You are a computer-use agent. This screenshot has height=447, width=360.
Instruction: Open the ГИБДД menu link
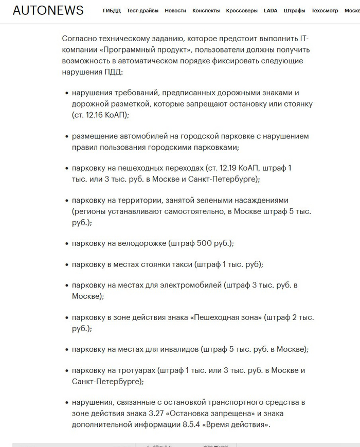(x=112, y=11)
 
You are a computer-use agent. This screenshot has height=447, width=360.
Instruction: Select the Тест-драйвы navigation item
(x=142, y=11)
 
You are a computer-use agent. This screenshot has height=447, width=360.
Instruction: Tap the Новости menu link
(x=175, y=11)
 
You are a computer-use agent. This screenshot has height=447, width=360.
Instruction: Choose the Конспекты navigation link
(x=206, y=11)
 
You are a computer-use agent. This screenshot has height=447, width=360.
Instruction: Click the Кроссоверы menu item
(x=242, y=11)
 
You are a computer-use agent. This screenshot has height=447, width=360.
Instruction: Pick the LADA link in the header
(x=271, y=11)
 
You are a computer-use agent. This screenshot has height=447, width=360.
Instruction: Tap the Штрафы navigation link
(x=294, y=11)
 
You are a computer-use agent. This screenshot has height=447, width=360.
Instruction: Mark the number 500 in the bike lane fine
(x=205, y=243)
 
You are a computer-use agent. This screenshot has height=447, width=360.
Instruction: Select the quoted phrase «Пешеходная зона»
(x=226, y=318)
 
